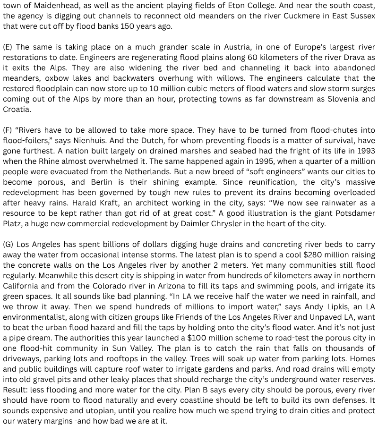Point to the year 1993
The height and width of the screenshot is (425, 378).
[x=364, y=151]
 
